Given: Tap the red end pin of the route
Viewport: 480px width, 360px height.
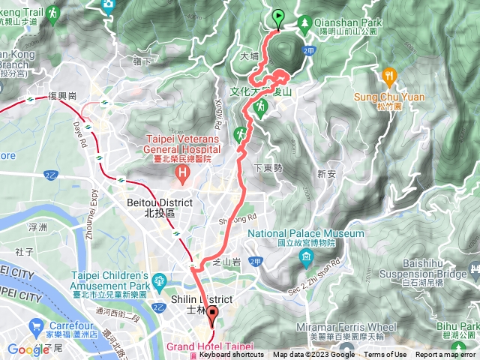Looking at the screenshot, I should point(212,314).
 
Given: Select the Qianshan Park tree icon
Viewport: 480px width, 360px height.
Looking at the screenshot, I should point(304,23).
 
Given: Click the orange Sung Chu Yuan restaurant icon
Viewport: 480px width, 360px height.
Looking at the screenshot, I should point(388,76).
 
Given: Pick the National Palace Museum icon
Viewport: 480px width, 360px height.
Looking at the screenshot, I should point(306,259).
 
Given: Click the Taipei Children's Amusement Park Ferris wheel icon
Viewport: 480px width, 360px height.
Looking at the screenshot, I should point(158,283).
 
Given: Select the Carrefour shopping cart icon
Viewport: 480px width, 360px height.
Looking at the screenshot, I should point(35,327).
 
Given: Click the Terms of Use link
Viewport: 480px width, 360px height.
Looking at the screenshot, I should point(385,355).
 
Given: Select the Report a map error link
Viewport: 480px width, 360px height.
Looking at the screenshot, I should point(446,355).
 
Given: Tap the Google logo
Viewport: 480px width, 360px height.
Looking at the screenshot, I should point(28,349).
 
